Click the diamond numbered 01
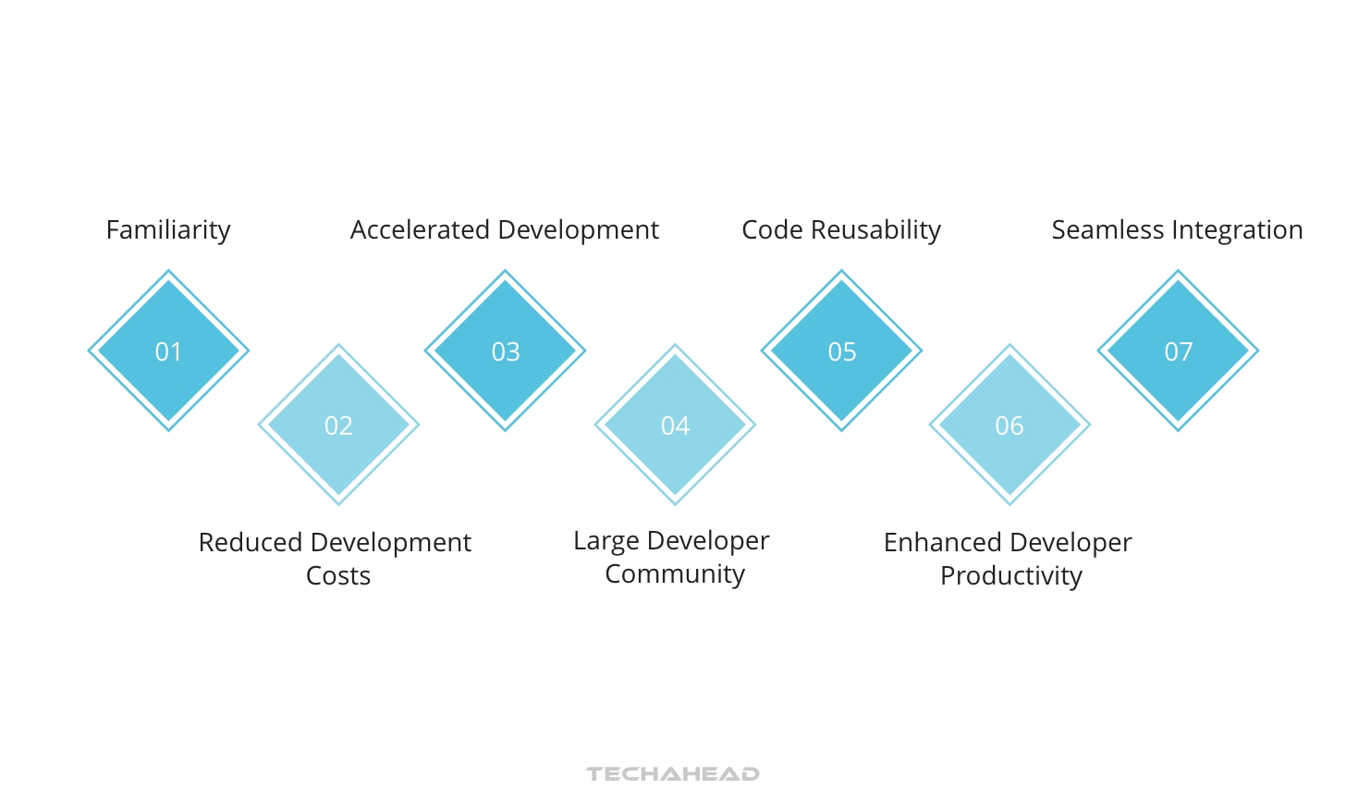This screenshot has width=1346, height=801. point(168,351)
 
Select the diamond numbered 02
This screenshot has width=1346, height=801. point(338,425)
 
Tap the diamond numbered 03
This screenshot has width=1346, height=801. point(505,351)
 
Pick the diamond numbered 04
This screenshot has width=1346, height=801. point(675,425)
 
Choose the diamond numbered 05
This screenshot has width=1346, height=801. point(841,351)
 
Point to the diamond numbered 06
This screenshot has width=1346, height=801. point(1009,425)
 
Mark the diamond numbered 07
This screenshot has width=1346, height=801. point(1178,351)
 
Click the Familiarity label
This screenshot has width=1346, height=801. point(168,230)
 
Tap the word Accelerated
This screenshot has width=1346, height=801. point(420,229)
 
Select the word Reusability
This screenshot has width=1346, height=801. point(875,230)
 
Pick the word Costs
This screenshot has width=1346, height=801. point(338,576)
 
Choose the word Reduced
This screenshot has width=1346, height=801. point(251,542)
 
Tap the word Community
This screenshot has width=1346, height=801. point(675,574)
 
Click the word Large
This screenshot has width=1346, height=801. point(606,541)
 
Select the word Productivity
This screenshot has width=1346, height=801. point(1011,576)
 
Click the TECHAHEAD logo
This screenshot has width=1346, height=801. point(673,774)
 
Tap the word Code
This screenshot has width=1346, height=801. point(772,229)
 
